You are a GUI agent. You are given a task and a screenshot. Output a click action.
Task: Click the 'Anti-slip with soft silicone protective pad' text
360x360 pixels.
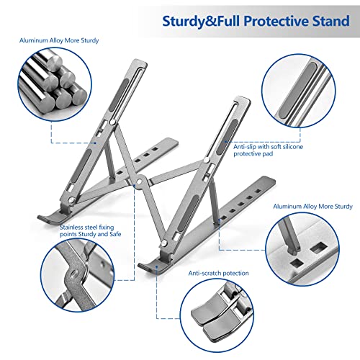(264, 150)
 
